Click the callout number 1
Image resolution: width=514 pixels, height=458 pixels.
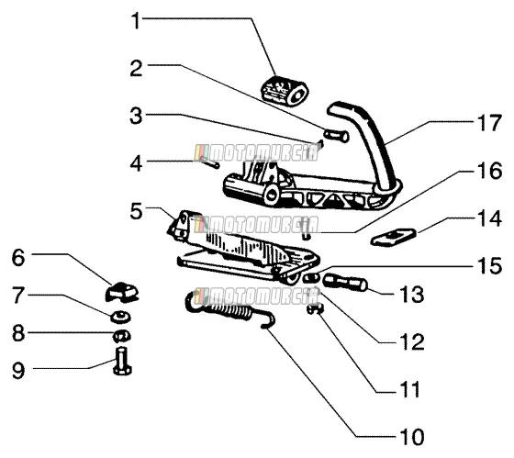coord(137,21)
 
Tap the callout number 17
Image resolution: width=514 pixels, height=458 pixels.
coord(489,123)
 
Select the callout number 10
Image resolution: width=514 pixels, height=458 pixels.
coord(412,437)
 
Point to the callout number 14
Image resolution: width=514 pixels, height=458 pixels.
coord(489,218)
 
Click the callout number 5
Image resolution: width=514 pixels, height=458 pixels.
coord(137,211)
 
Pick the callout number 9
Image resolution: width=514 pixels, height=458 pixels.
coord(18,371)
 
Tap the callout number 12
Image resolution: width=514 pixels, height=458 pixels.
coord(412,341)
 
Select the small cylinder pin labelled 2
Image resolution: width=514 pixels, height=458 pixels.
coord(336,136)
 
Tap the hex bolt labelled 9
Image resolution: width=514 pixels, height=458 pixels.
coord(122,362)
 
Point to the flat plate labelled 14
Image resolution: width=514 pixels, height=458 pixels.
coord(394,237)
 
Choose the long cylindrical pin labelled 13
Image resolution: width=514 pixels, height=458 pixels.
coord(345,283)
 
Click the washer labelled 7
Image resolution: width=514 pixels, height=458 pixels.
coord(120,317)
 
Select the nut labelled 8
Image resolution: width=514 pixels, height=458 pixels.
coord(121,336)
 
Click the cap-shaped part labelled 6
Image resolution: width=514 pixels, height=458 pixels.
coord(122,292)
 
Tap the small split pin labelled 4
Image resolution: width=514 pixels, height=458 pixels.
coord(210,162)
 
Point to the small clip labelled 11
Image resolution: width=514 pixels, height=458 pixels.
coord(316,308)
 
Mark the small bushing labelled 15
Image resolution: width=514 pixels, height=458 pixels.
coord(310,278)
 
